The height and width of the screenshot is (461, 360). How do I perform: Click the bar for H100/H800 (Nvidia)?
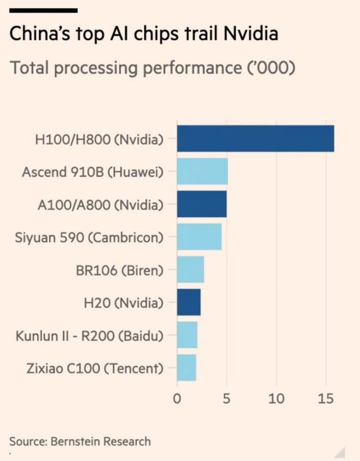[255, 138]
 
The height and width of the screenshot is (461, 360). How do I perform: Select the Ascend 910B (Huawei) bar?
[202, 171]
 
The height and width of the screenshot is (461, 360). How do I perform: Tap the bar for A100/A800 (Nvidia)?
[202, 204]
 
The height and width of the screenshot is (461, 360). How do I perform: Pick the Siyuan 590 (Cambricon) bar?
[199, 236]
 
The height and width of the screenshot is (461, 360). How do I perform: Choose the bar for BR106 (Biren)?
[191, 270]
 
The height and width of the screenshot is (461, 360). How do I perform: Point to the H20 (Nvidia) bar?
[189, 302]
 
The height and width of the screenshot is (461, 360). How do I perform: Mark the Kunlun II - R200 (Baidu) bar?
[187, 335]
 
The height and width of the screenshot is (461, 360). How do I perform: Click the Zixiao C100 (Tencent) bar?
[187, 368]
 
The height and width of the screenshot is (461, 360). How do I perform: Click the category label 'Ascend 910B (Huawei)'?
[93, 171]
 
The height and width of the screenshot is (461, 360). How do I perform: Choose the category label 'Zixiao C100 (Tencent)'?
[95, 368]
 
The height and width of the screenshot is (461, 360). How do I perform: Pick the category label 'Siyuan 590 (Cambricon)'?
[89, 236]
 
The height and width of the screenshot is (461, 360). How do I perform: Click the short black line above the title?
[43, 10]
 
